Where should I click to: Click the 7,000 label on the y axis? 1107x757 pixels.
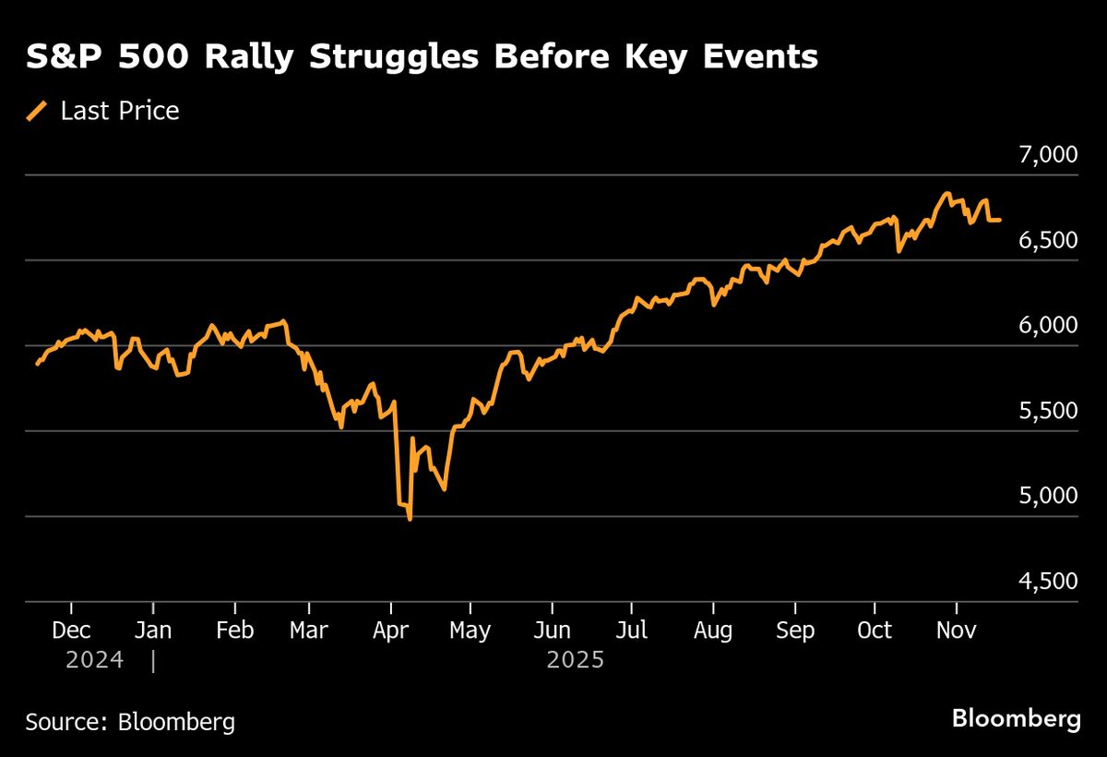[x=1048, y=154]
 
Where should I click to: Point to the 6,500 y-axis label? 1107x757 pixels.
[x=1048, y=240]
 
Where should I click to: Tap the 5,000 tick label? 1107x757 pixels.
[x=1048, y=496]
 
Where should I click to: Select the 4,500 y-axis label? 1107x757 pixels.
[x=1048, y=581]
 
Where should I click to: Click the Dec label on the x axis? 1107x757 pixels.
[x=71, y=631]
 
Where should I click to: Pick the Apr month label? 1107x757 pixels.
[x=391, y=631]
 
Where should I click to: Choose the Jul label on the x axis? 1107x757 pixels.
[x=632, y=631]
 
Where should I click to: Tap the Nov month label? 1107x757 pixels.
[x=956, y=631]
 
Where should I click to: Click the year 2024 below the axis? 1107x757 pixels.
[x=94, y=661]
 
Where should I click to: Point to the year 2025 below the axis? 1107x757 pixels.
[x=576, y=661]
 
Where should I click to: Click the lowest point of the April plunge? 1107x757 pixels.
[x=410, y=520]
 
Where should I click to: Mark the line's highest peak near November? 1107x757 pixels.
[x=946, y=194]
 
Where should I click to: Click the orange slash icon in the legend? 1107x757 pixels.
[x=37, y=112]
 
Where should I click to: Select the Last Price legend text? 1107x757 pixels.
[x=120, y=112]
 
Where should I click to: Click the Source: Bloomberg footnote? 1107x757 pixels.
[x=130, y=721]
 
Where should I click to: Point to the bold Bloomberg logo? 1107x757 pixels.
[x=1016, y=719]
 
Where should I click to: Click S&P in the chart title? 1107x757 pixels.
[x=64, y=57]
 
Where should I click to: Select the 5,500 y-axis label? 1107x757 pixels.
[x=1048, y=411]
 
